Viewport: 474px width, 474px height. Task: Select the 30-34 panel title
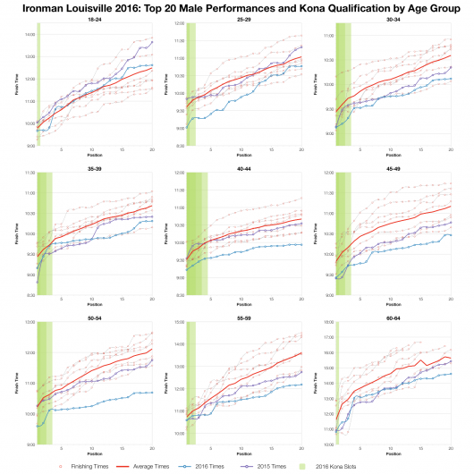click(393, 28)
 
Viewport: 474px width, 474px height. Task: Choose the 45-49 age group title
click(393, 165)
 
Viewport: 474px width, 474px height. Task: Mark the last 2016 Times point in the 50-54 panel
click(152, 393)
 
